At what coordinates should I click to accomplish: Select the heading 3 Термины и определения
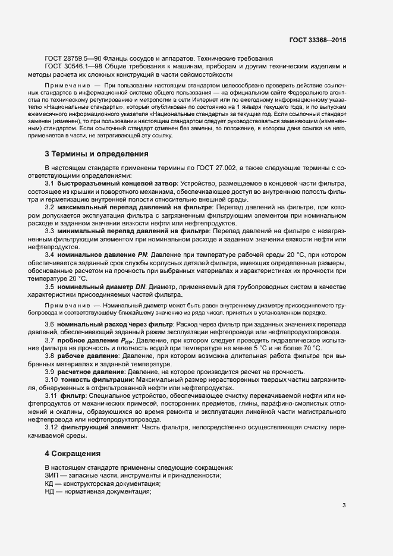pyautogui.click(x=96, y=154)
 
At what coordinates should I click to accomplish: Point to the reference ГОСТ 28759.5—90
pyautogui.click(x=75, y=59)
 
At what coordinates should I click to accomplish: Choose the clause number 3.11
pyautogui.click(x=52, y=395)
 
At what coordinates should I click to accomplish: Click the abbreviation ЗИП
pyautogui.click(x=52, y=475)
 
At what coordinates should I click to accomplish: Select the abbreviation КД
pyautogui.click(x=49, y=483)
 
